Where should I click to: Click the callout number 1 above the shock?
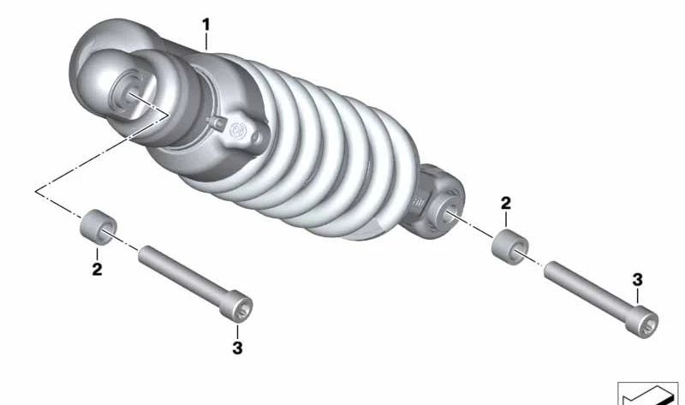(x=205, y=25)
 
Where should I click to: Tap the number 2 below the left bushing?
(x=97, y=269)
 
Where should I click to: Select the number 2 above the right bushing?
(x=505, y=203)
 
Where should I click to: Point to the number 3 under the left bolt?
(x=237, y=348)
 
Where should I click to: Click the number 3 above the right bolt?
(x=637, y=280)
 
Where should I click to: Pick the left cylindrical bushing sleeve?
(x=98, y=227)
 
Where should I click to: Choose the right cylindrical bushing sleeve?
(x=509, y=247)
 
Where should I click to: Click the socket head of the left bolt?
(x=236, y=307)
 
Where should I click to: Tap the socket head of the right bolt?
(x=641, y=322)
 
